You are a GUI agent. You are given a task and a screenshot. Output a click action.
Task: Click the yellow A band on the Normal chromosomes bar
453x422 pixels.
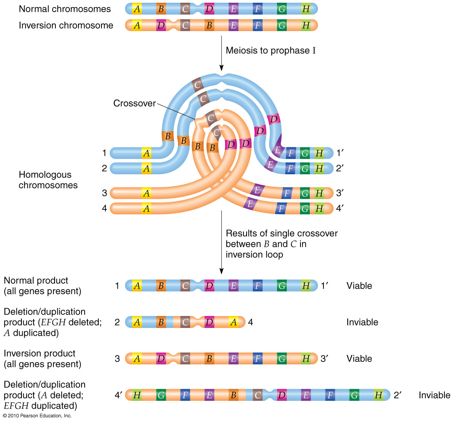[x=137, y=9]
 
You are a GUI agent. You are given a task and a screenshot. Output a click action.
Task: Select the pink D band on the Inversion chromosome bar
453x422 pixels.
[x=161, y=25]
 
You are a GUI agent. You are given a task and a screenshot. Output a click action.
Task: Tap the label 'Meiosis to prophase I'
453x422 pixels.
[x=270, y=50]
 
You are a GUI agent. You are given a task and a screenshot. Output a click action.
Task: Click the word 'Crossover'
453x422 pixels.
[x=134, y=104]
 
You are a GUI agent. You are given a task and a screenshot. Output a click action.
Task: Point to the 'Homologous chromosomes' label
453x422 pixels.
[x=48, y=180]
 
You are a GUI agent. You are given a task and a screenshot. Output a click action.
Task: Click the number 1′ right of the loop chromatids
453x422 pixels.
[x=340, y=153]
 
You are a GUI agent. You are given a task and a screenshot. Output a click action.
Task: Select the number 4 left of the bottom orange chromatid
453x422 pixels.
[x=104, y=208]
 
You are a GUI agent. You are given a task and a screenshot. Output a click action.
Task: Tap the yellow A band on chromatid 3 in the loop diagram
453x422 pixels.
[x=146, y=193]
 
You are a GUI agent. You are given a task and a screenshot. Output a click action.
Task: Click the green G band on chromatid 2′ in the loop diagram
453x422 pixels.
[x=305, y=168]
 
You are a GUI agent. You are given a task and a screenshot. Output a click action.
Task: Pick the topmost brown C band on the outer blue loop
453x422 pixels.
[x=197, y=84]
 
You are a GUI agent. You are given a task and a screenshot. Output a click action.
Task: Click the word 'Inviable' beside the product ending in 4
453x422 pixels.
[x=362, y=322]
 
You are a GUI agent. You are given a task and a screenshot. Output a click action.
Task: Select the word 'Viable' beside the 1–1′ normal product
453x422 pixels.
[x=359, y=286]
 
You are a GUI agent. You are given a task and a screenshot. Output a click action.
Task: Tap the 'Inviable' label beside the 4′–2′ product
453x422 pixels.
[x=434, y=395]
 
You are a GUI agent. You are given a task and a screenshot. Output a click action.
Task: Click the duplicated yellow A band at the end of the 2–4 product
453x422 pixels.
[x=233, y=322]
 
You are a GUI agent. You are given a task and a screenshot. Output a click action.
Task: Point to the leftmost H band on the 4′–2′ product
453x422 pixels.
[x=137, y=395]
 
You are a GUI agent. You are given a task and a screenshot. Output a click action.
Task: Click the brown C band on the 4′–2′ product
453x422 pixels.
[x=258, y=395]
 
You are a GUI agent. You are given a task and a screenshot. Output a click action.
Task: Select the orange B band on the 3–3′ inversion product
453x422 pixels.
[x=209, y=359]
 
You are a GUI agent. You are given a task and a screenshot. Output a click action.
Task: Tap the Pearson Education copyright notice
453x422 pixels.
[x=37, y=416]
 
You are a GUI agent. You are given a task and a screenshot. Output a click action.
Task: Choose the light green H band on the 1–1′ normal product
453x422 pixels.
[x=306, y=286]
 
